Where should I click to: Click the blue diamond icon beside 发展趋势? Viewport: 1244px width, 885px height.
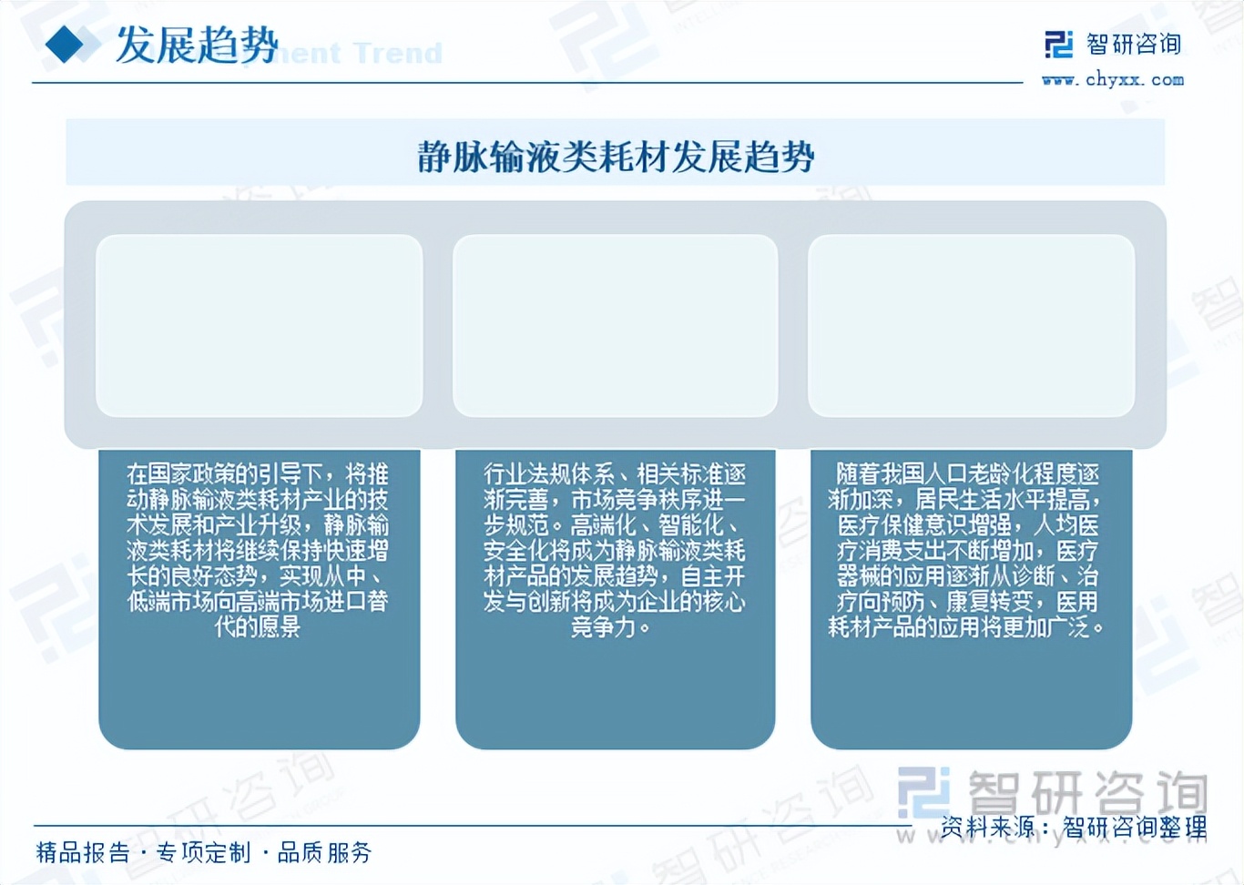(66, 45)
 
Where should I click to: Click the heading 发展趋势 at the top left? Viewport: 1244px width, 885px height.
(196, 46)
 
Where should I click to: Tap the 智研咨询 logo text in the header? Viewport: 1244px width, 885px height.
(1133, 44)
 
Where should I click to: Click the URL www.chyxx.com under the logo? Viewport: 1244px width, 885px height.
(1113, 80)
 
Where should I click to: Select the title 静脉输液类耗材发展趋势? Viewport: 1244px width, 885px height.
(616, 157)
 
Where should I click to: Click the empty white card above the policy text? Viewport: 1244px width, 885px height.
(259, 325)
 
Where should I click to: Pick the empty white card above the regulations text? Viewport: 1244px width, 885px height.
(615, 325)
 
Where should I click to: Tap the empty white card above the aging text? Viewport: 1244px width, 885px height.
(971, 325)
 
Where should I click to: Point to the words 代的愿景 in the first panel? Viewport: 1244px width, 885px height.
(257, 626)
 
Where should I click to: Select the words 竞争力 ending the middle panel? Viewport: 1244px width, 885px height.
(603, 626)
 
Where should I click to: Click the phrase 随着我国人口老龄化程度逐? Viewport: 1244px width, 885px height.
(968, 473)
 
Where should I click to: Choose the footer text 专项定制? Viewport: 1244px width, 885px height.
(203, 852)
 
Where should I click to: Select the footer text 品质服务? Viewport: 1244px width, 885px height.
(324, 852)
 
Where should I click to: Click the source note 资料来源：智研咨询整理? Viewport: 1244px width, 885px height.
(1074, 827)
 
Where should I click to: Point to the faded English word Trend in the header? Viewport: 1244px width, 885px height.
(397, 54)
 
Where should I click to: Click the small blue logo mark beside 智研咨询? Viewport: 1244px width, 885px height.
(1059, 44)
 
